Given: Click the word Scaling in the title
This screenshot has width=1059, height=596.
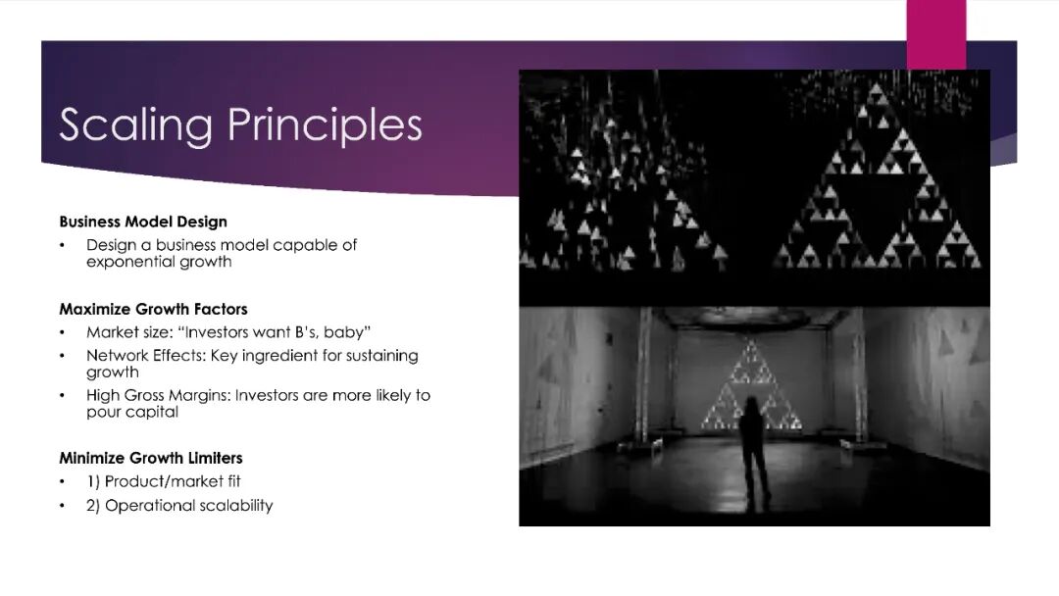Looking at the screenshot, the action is pos(135,125).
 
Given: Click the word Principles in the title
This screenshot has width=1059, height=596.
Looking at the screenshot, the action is pos(325,125).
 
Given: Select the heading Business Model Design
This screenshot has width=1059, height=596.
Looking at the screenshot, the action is pos(143,223).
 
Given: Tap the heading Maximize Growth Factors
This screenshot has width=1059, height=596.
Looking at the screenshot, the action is pos(153,309).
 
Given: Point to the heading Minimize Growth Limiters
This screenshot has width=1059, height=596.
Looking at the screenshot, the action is pos(151,459).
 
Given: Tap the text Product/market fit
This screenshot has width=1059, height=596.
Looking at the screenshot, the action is pos(173,481).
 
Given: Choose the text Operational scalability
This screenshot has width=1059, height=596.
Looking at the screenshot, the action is pos(188,506).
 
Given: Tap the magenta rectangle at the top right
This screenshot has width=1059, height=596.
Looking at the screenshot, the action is pos(936,34).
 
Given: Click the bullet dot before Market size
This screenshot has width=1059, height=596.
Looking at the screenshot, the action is pos(62,332).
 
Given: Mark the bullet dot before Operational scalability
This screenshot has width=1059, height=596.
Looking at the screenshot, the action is pos(62,506).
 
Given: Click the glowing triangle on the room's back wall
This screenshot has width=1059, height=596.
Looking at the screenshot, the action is pos(750,387).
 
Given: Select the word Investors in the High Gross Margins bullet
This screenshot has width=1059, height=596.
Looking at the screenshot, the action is pos(267,395).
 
